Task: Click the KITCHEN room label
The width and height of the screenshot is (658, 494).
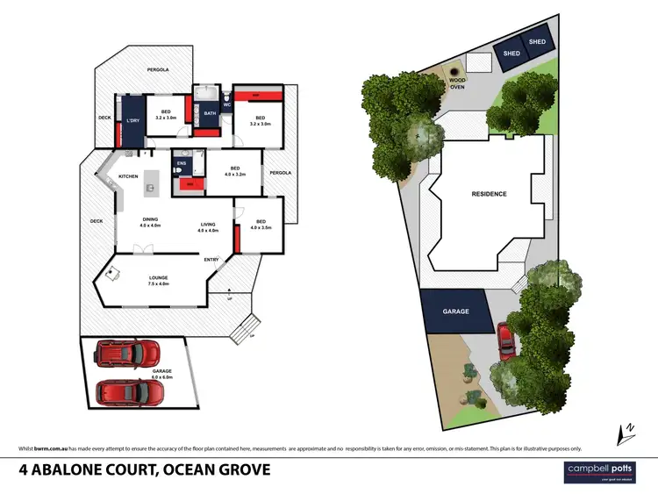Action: click(129, 176)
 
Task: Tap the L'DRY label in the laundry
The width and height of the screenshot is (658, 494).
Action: click(133, 120)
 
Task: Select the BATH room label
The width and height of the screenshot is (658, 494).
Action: click(210, 113)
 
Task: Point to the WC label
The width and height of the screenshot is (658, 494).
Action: click(225, 104)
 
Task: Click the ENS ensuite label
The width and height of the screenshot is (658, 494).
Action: click(182, 162)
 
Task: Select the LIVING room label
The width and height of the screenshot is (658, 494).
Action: click(207, 227)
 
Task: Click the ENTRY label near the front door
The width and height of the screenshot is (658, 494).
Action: click(211, 260)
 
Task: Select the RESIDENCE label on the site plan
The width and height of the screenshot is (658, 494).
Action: click(489, 194)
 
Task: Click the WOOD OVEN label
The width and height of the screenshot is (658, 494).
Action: click(457, 82)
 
